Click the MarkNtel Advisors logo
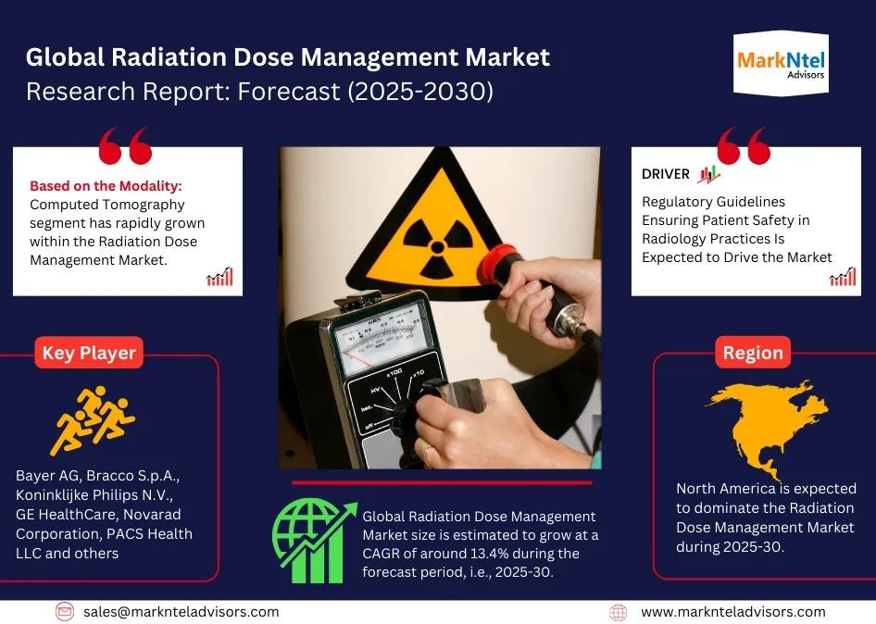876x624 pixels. (x=781, y=64)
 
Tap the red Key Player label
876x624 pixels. (x=89, y=353)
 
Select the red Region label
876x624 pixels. (x=753, y=353)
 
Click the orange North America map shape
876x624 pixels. (x=770, y=426)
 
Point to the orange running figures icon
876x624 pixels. (x=93, y=419)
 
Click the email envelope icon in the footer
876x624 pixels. (x=64, y=612)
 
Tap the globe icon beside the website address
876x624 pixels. (x=618, y=612)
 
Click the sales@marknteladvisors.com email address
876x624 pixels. (x=181, y=612)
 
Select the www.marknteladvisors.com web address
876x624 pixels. (x=733, y=612)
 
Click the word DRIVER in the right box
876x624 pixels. (x=666, y=174)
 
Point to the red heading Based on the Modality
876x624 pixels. (x=106, y=185)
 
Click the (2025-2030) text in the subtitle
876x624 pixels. (x=420, y=91)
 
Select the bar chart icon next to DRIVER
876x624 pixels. (x=708, y=174)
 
